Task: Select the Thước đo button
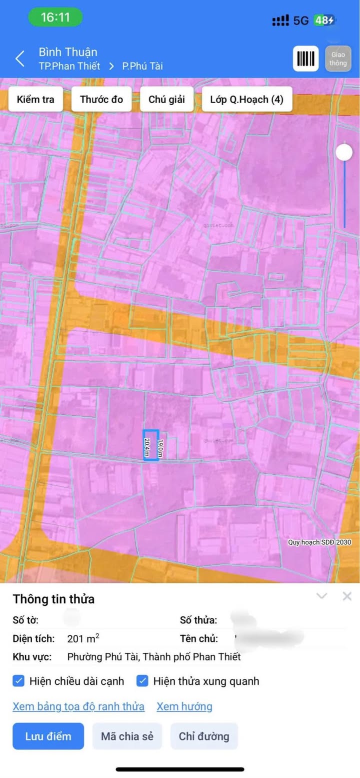(101, 100)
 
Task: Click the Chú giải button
(166, 100)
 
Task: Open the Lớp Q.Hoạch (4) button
(246, 100)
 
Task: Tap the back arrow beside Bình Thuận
(20, 59)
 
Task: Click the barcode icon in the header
(305, 59)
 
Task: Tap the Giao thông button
(338, 59)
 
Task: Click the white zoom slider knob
(344, 152)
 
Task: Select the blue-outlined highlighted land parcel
(151, 444)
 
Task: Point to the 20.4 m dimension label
(146, 447)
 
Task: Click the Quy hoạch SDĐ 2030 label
(319, 542)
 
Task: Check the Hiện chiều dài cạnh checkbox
(18, 680)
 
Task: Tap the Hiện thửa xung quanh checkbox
(142, 680)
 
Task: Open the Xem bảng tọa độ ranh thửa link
(78, 706)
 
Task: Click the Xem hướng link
(184, 706)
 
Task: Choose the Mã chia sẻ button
(127, 736)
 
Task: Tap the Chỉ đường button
(204, 736)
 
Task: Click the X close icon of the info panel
(347, 596)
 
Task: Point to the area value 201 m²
(83, 639)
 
